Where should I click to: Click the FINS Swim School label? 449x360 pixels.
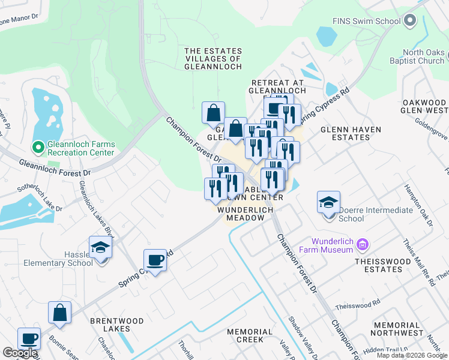367,22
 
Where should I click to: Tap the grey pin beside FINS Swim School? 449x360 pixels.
411,22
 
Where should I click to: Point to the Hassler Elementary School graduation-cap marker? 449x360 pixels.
100,247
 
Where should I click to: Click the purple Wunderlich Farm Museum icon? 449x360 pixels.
362,244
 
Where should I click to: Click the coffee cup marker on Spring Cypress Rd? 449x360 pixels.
155,260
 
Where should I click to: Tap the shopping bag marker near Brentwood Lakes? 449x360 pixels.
59,313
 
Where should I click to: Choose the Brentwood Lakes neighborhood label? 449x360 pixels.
116,325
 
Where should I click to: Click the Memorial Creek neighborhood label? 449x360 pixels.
250,335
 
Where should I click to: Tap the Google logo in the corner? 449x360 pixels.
20,353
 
